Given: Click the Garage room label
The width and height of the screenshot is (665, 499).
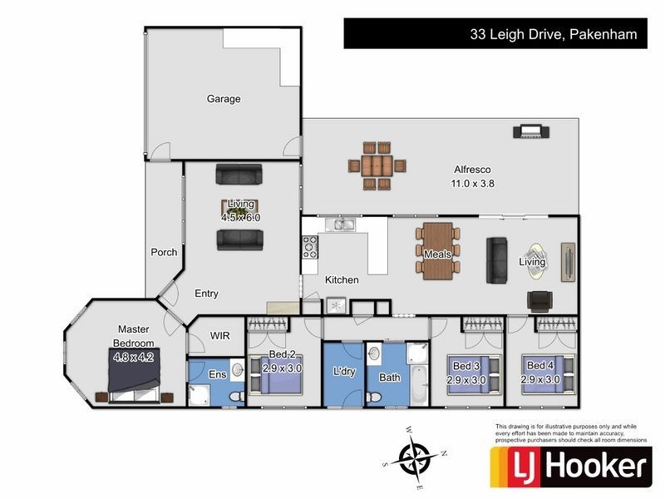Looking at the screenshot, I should (224, 99).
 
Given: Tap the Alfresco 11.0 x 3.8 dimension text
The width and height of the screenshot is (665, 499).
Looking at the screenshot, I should (473, 184).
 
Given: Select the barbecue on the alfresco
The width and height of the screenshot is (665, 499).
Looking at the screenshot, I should (529, 131).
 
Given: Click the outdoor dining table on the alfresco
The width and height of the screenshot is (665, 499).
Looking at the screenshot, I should (377, 164).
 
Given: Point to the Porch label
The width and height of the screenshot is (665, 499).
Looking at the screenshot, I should (164, 252).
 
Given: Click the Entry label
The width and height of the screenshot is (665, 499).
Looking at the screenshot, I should (207, 294).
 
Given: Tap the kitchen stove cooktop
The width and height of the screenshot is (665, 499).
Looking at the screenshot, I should (309, 245).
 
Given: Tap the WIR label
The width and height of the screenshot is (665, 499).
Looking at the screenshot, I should (219, 336).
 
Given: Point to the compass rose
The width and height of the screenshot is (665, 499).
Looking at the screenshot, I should (417, 457).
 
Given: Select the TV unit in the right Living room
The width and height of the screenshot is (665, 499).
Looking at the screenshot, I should (568, 263).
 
